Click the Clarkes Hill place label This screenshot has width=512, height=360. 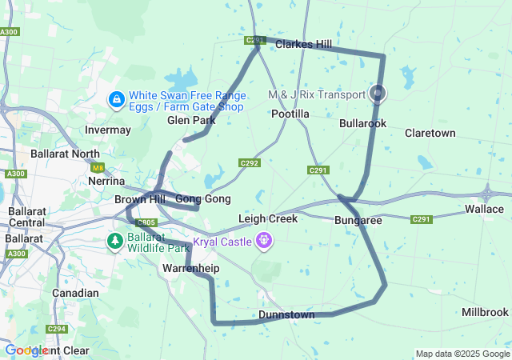[303, 45]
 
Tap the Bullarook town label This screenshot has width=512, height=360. [362, 124]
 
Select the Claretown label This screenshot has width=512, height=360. [430, 133]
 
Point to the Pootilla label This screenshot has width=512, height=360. [290, 114]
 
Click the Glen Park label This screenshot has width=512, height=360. [191, 121]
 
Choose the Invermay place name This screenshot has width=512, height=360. [108, 130]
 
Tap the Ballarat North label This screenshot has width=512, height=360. [65, 153]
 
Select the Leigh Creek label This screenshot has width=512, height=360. [268, 218]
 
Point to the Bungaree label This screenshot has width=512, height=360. [358, 219]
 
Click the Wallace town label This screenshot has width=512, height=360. [485, 209]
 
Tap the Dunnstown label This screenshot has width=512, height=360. [286, 315]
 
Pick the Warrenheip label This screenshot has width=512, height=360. [190, 268]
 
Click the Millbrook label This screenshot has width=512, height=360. [485, 312]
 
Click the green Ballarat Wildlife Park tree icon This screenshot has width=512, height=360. [115, 240]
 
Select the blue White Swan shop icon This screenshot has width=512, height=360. [117, 99]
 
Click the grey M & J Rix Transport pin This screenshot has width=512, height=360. [378, 94]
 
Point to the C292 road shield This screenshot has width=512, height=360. [250, 163]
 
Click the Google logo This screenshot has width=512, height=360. [26, 350]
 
